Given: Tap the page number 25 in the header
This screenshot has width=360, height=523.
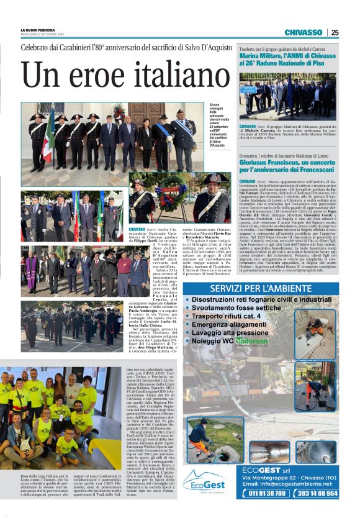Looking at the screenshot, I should [335, 32].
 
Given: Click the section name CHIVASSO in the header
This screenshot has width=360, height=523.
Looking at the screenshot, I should [303, 32].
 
